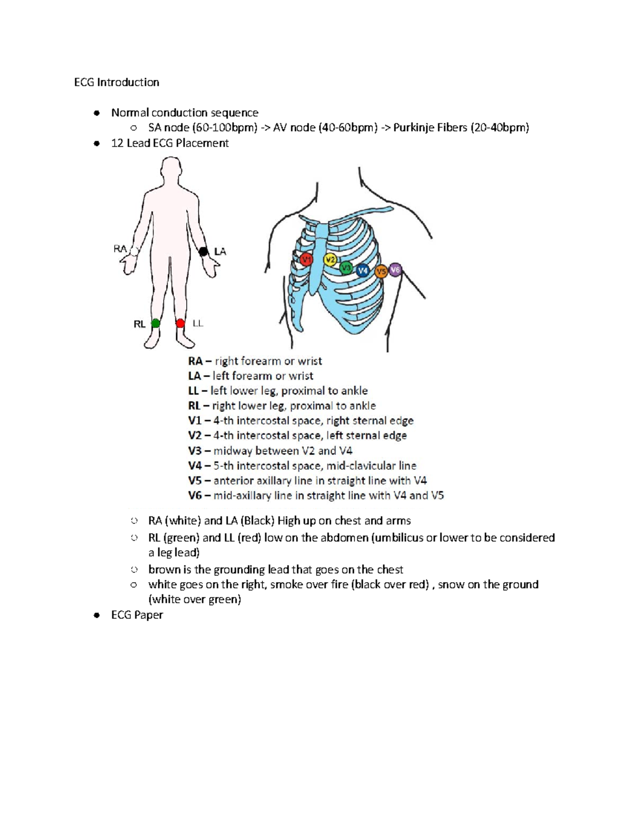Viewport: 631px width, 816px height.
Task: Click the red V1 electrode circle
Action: [x=307, y=259]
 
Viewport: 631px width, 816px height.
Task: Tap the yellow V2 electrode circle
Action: [x=330, y=260]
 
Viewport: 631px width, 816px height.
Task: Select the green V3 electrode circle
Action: [x=345, y=268]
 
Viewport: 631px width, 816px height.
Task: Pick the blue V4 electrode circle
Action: [x=362, y=271]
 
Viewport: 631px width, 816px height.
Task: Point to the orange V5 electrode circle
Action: [x=381, y=272]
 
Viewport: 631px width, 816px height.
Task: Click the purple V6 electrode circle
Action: [x=395, y=270]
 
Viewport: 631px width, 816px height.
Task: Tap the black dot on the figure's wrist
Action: [x=203, y=252]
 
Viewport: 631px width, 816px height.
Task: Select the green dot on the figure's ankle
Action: [x=156, y=323]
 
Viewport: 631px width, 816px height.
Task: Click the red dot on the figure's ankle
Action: [x=180, y=323]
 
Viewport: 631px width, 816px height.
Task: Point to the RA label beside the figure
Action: [x=120, y=249]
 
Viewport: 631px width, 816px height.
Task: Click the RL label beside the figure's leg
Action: [x=139, y=324]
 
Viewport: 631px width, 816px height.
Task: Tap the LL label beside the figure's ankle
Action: [x=198, y=324]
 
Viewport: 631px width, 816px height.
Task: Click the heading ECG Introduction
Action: [x=116, y=82]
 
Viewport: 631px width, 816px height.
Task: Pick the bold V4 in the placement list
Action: [x=195, y=466]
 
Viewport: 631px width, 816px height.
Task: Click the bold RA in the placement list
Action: [x=195, y=361]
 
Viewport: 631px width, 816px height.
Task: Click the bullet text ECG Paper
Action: [x=137, y=615]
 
